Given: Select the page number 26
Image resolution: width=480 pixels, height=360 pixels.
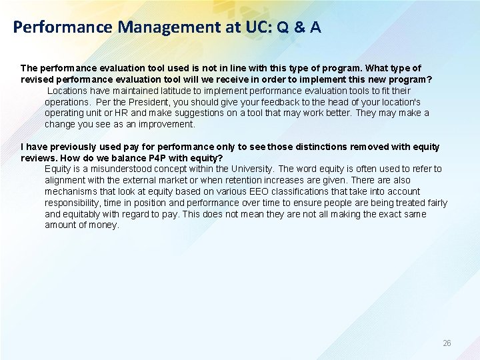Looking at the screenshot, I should pyautogui.click(x=447, y=343).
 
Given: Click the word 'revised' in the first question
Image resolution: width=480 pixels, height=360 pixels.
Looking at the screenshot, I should pyautogui.click(x=37, y=79).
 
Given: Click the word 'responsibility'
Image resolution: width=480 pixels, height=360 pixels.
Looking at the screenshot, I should pyautogui.click(x=74, y=203).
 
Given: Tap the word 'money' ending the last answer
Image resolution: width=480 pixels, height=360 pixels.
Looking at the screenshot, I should pyautogui.click(x=103, y=225).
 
